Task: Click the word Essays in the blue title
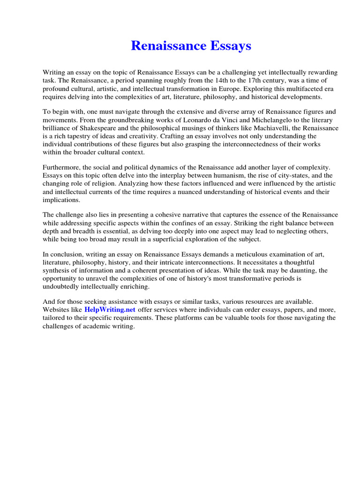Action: click(227, 46)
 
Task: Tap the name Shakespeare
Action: click(103, 128)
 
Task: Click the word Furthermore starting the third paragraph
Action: click(62, 167)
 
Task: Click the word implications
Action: click(61, 199)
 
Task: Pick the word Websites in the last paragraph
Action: click(57, 310)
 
